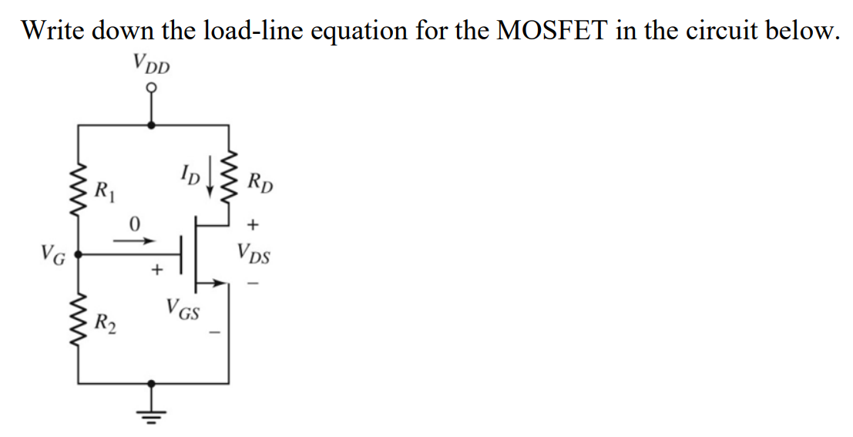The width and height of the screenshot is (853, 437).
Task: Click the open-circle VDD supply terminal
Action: click(152, 91)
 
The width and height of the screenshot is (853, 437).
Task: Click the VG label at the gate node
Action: click(52, 252)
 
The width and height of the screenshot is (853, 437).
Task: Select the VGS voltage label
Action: click(183, 312)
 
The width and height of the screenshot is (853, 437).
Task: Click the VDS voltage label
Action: click(254, 252)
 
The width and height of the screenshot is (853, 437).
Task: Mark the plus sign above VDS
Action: click(253, 224)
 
